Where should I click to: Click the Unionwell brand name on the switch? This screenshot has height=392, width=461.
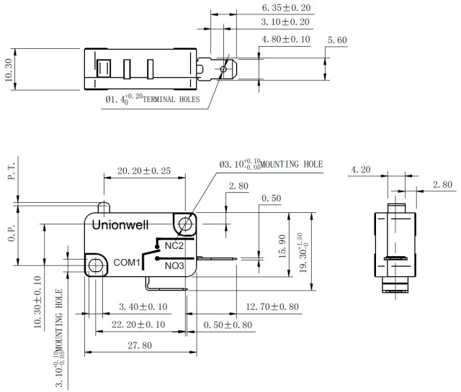pos(120,225)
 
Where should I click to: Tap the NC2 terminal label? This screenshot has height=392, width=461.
pos(174,245)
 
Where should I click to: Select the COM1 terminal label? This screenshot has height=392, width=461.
pos(127,263)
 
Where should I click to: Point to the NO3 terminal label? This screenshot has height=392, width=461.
pos(174,265)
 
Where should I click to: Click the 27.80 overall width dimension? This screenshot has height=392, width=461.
pos(140,345)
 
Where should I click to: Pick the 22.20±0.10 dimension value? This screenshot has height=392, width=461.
pos(138,324)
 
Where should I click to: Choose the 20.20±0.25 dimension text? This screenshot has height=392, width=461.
pos(144,171)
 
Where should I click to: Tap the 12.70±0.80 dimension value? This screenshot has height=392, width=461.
pos(272,307)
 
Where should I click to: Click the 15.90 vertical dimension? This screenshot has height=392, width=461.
pos(282,247)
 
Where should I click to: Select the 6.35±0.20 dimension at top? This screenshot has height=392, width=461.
pos(286,8)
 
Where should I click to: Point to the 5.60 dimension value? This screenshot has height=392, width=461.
pos(337,40)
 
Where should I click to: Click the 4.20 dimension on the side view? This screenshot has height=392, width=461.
pos(361,170)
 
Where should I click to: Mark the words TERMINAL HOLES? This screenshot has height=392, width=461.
pos(171,99)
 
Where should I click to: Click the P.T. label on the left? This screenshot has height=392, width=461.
pos(12,172)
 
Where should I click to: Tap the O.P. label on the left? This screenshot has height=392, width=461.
pos(12,234)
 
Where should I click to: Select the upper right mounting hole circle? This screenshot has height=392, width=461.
pos(185,224)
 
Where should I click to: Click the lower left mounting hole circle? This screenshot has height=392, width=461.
pos(95,265)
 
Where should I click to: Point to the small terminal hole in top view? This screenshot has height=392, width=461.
pos(223,69)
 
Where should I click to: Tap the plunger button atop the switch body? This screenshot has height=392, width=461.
pos(104,207)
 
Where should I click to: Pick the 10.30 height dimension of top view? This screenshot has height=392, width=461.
pos(9,70)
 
